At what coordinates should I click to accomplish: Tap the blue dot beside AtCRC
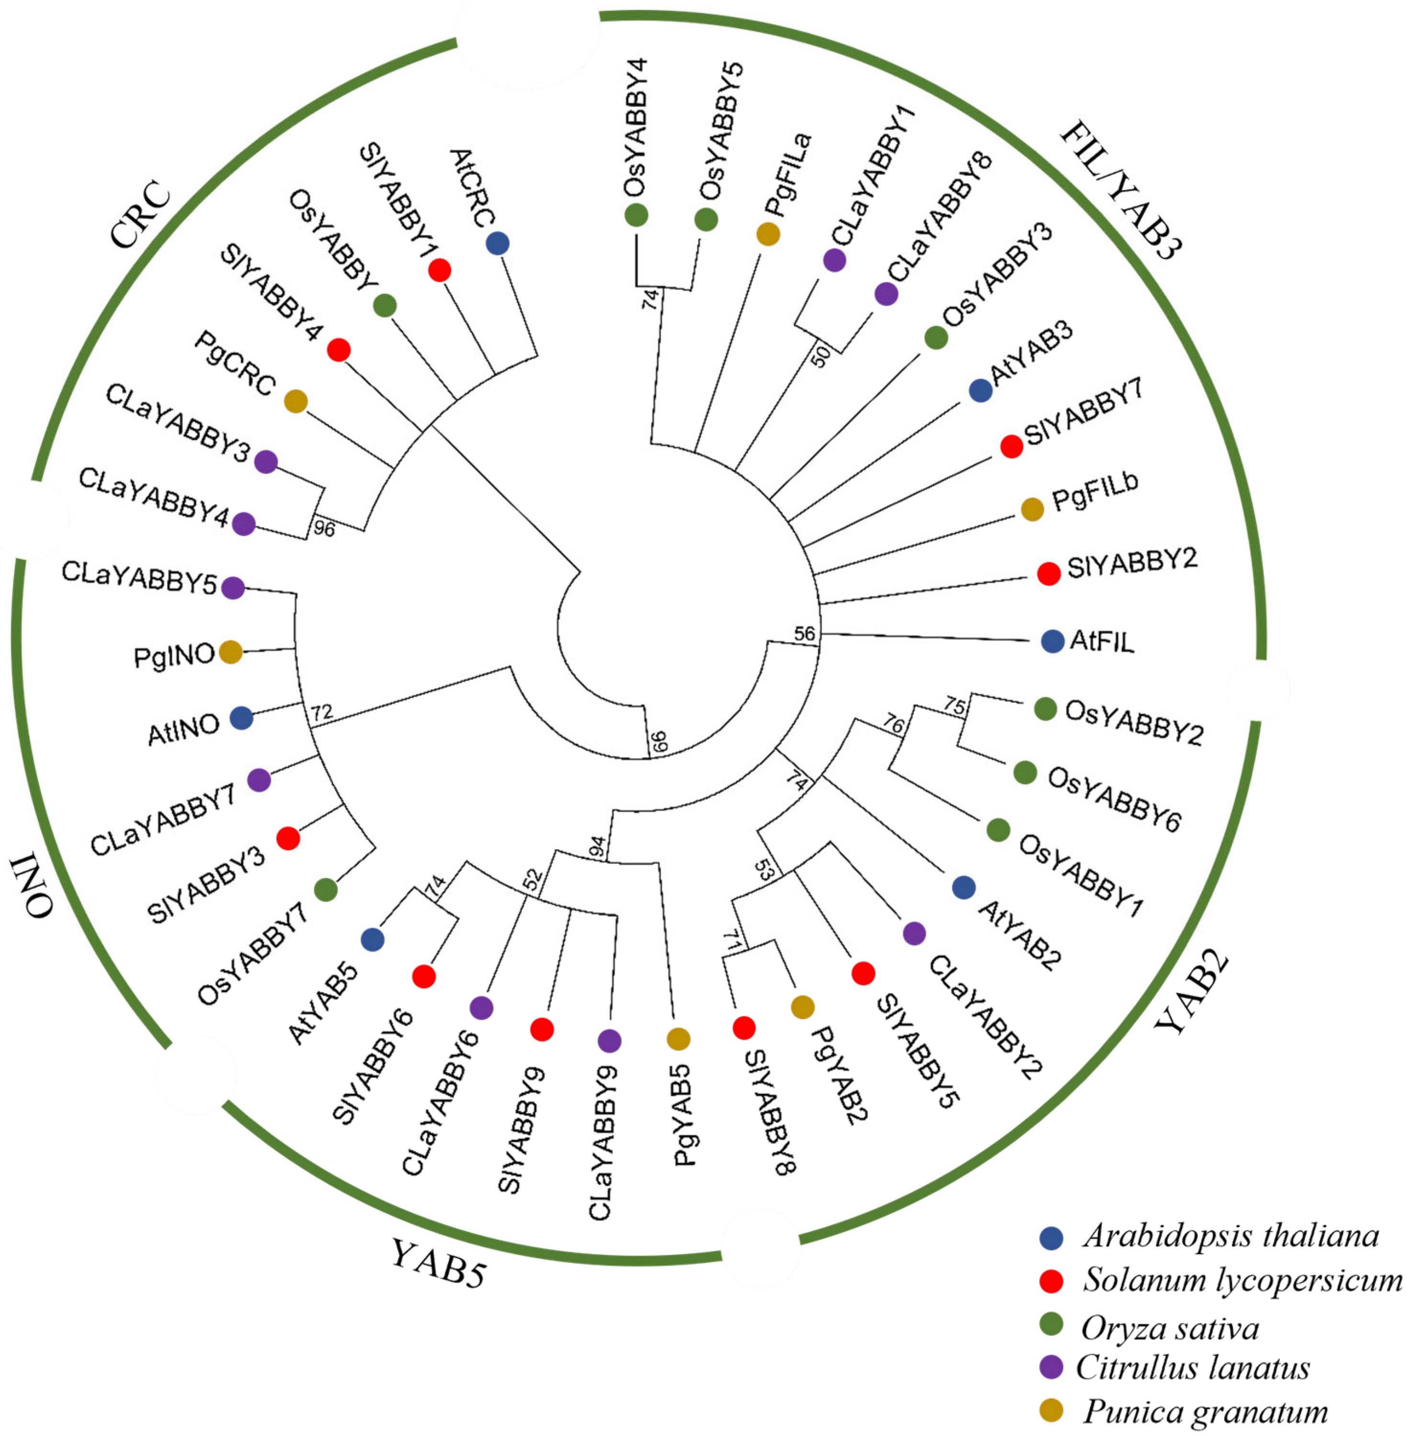click(x=498, y=244)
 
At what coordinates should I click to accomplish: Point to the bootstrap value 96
click(x=324, y=529)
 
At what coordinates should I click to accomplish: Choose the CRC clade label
click(x=140, y=215)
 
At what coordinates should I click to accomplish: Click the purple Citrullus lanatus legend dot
click(x=1051, y=1368)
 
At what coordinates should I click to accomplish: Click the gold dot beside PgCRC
click(x=296, y=401)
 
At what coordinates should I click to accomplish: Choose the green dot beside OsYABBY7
click(x=326, y=890)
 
